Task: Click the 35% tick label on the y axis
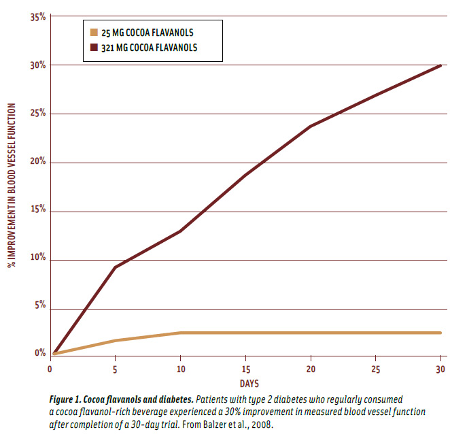point(38,17)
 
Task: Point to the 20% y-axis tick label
point(38,162)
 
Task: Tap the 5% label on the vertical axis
point(40,306)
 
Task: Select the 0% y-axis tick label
point(40,354)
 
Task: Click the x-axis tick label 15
point(245,369)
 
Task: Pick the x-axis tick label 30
point(440,369)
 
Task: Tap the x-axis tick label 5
point(115,369)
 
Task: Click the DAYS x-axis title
point(248,384)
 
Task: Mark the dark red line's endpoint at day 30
point(441,65)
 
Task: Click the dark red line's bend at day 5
point(115,267)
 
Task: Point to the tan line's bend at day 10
point(180,333)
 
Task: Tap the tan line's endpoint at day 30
point(441,333)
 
